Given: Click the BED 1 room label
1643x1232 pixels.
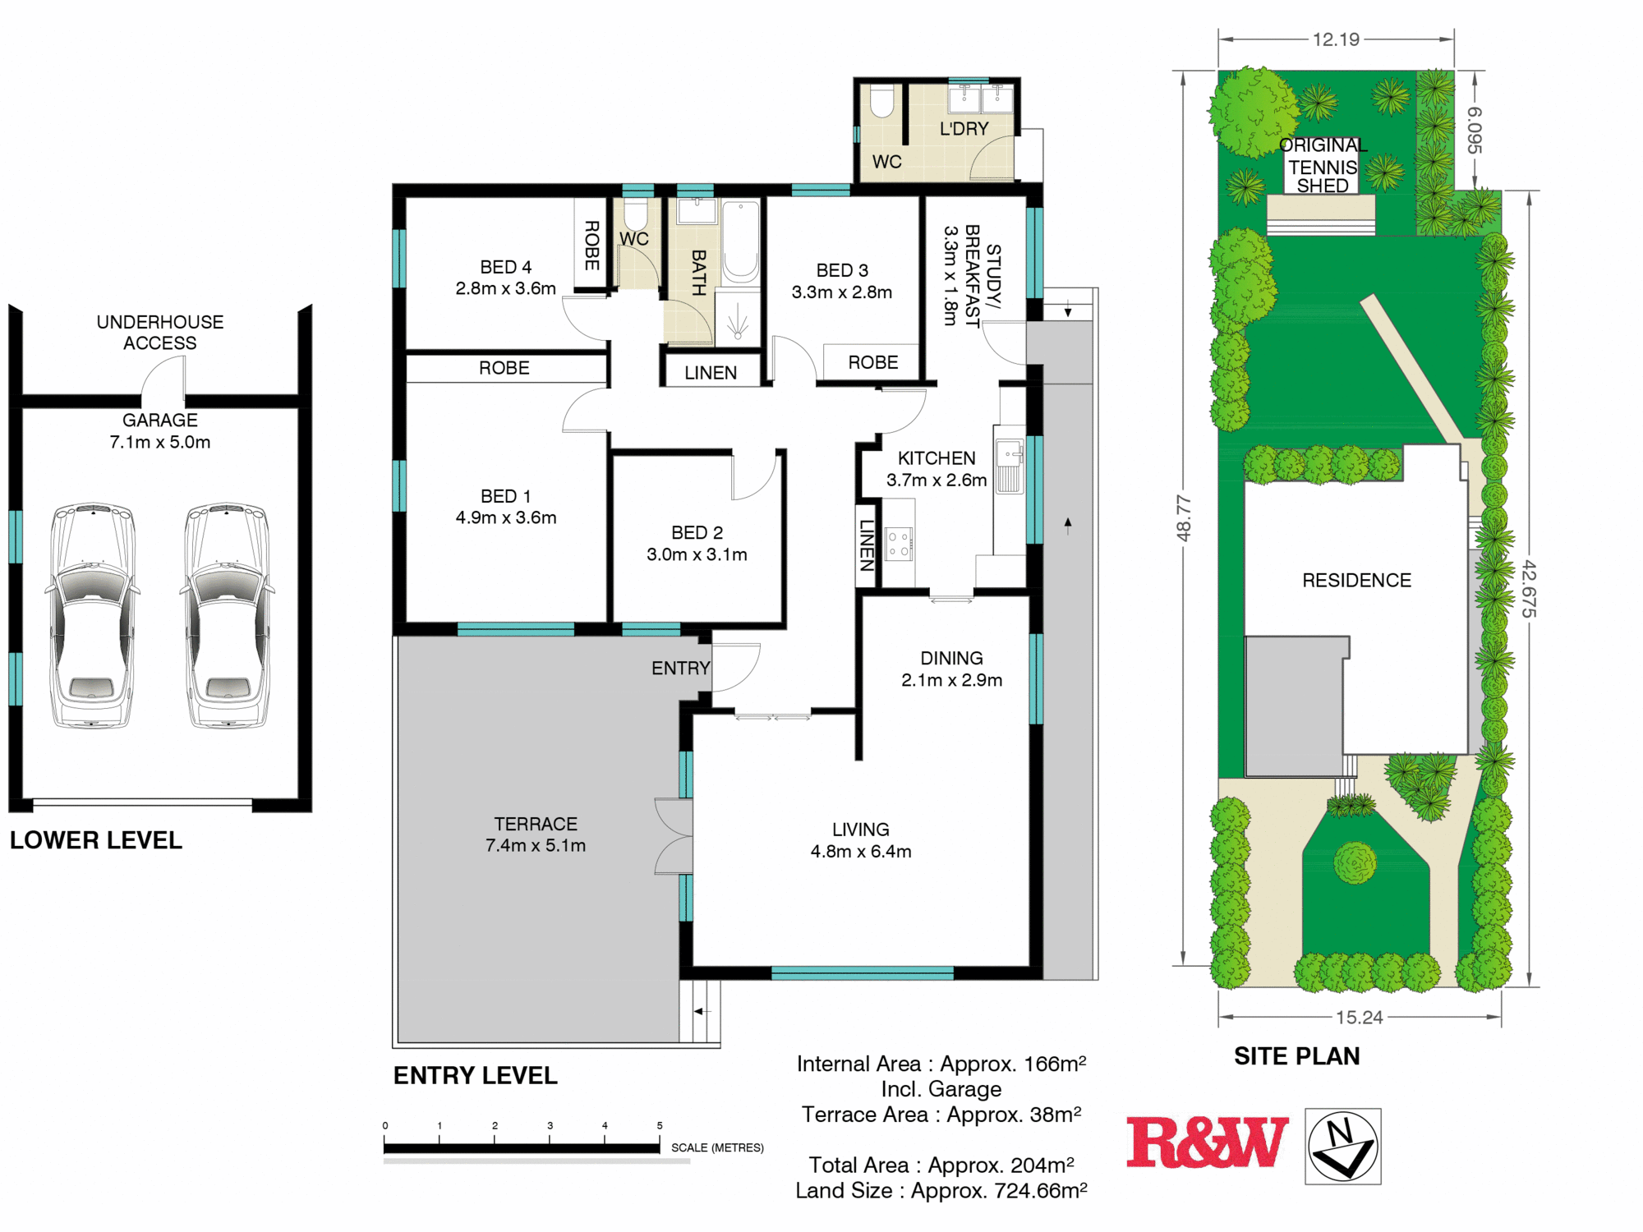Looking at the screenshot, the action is (x=506, y=507).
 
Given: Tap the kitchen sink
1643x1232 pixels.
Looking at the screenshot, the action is (x=1010, y=466).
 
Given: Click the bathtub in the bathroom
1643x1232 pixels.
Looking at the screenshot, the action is (x=740, y=242).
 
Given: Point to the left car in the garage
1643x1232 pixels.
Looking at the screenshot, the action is (x=92, y=615).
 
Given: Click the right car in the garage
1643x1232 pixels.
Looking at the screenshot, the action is (x=227, y=615).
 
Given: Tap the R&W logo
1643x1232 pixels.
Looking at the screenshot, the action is (x=1207, y=1142).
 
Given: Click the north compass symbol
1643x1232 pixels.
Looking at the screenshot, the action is (x=1343, y=1146).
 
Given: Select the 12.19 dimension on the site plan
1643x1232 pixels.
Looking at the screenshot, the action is (x=1336, y=39).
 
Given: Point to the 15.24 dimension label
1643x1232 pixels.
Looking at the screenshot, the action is (x=1360, y=1018).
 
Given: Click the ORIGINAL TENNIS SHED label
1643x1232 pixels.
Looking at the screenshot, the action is (x=1323, y=166).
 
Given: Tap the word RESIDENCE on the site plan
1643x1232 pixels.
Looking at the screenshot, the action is (x=1356, y=581).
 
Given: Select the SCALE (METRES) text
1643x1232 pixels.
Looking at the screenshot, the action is (x=717, y=1147).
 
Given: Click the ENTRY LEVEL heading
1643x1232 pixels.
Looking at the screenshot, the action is (x=476, y=1075).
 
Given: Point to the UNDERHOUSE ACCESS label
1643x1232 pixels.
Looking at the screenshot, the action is (x=160, y=333).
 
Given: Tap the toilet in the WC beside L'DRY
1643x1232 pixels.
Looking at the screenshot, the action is (x=881, y=100).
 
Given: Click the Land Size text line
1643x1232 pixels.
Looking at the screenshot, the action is (x=941, y=1190).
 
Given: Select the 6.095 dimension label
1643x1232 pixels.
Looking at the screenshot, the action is (x=1475, y=130).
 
